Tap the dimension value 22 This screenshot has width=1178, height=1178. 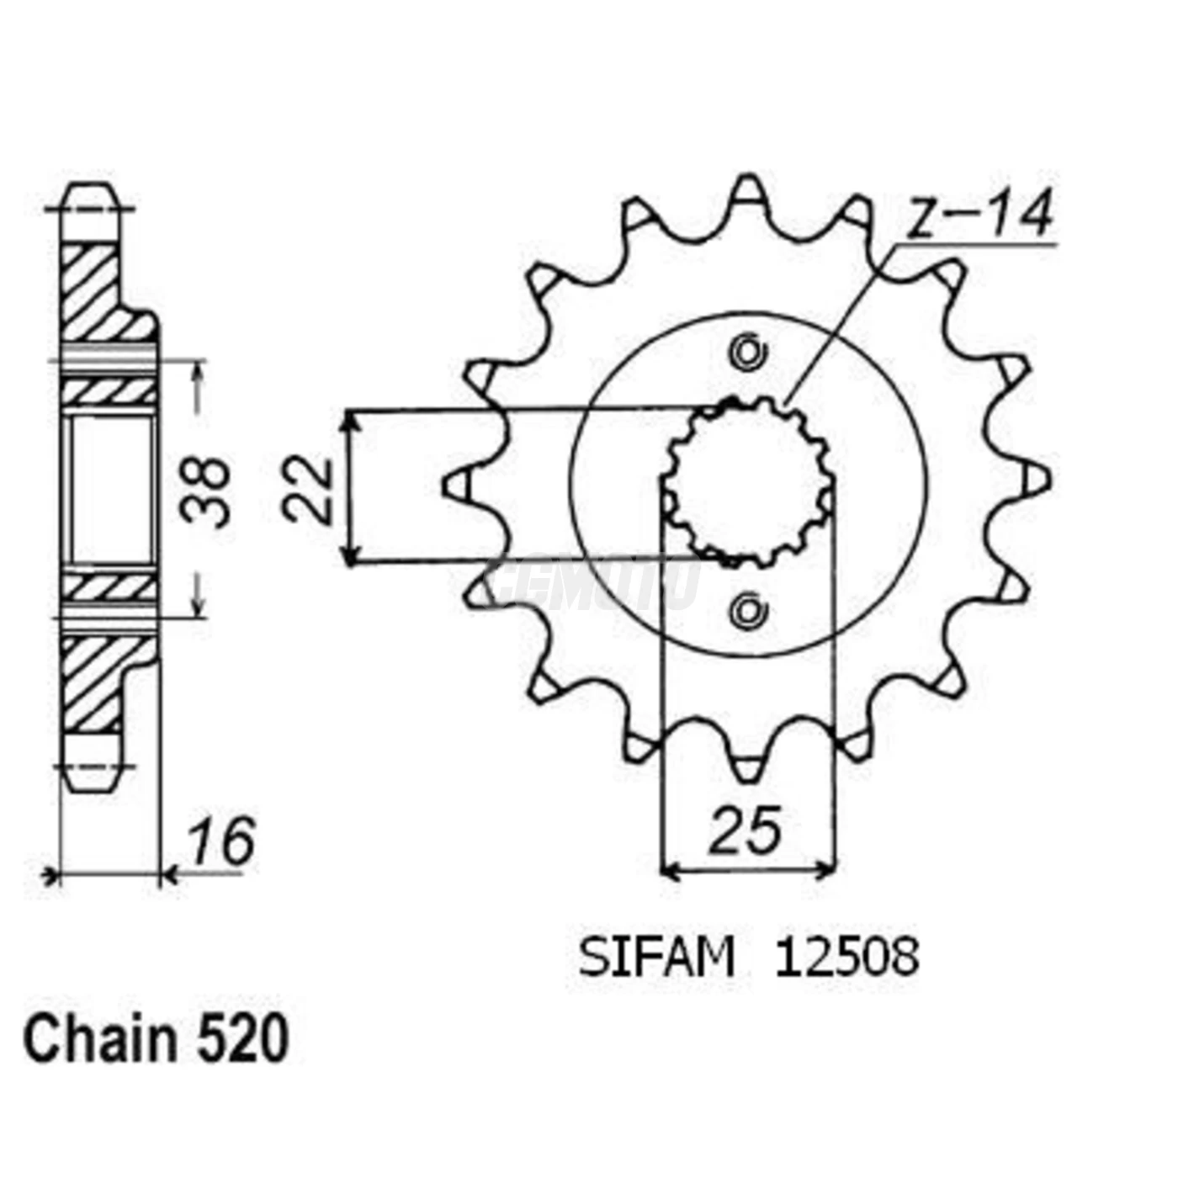pyautogui.click(x=308, y=490)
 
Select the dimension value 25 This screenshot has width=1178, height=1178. pyautogui.click(x=746, y=831)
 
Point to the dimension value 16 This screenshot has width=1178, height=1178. pyautogui.click(x=220, y=841)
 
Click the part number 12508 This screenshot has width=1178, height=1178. pyautogui.click(x=846, y=958)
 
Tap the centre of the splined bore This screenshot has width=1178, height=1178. pyautogui.click(x=748, y=482)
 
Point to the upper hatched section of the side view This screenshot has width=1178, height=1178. pyautogui.click(x=91, y=290)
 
